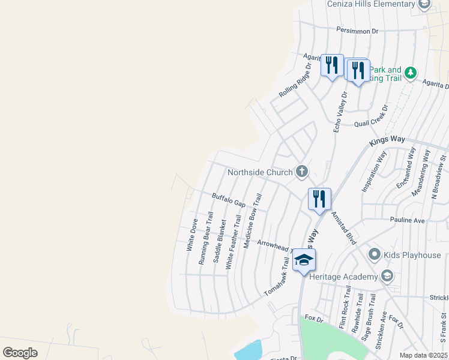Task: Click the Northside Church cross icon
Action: [x=301, y=172]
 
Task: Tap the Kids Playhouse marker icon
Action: [x=375, y=255]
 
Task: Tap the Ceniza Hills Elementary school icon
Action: [x=424, y=4]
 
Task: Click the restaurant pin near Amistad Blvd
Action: [x=319, y=199]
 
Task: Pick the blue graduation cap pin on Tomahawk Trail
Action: [x=304, y=260]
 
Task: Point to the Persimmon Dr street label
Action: [x=358, y=30]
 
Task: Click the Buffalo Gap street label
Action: [x=229, y=200]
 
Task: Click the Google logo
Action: [x=20, y=353]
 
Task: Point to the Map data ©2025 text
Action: [x=423, y=355]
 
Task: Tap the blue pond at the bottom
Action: [x=249, y=350]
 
